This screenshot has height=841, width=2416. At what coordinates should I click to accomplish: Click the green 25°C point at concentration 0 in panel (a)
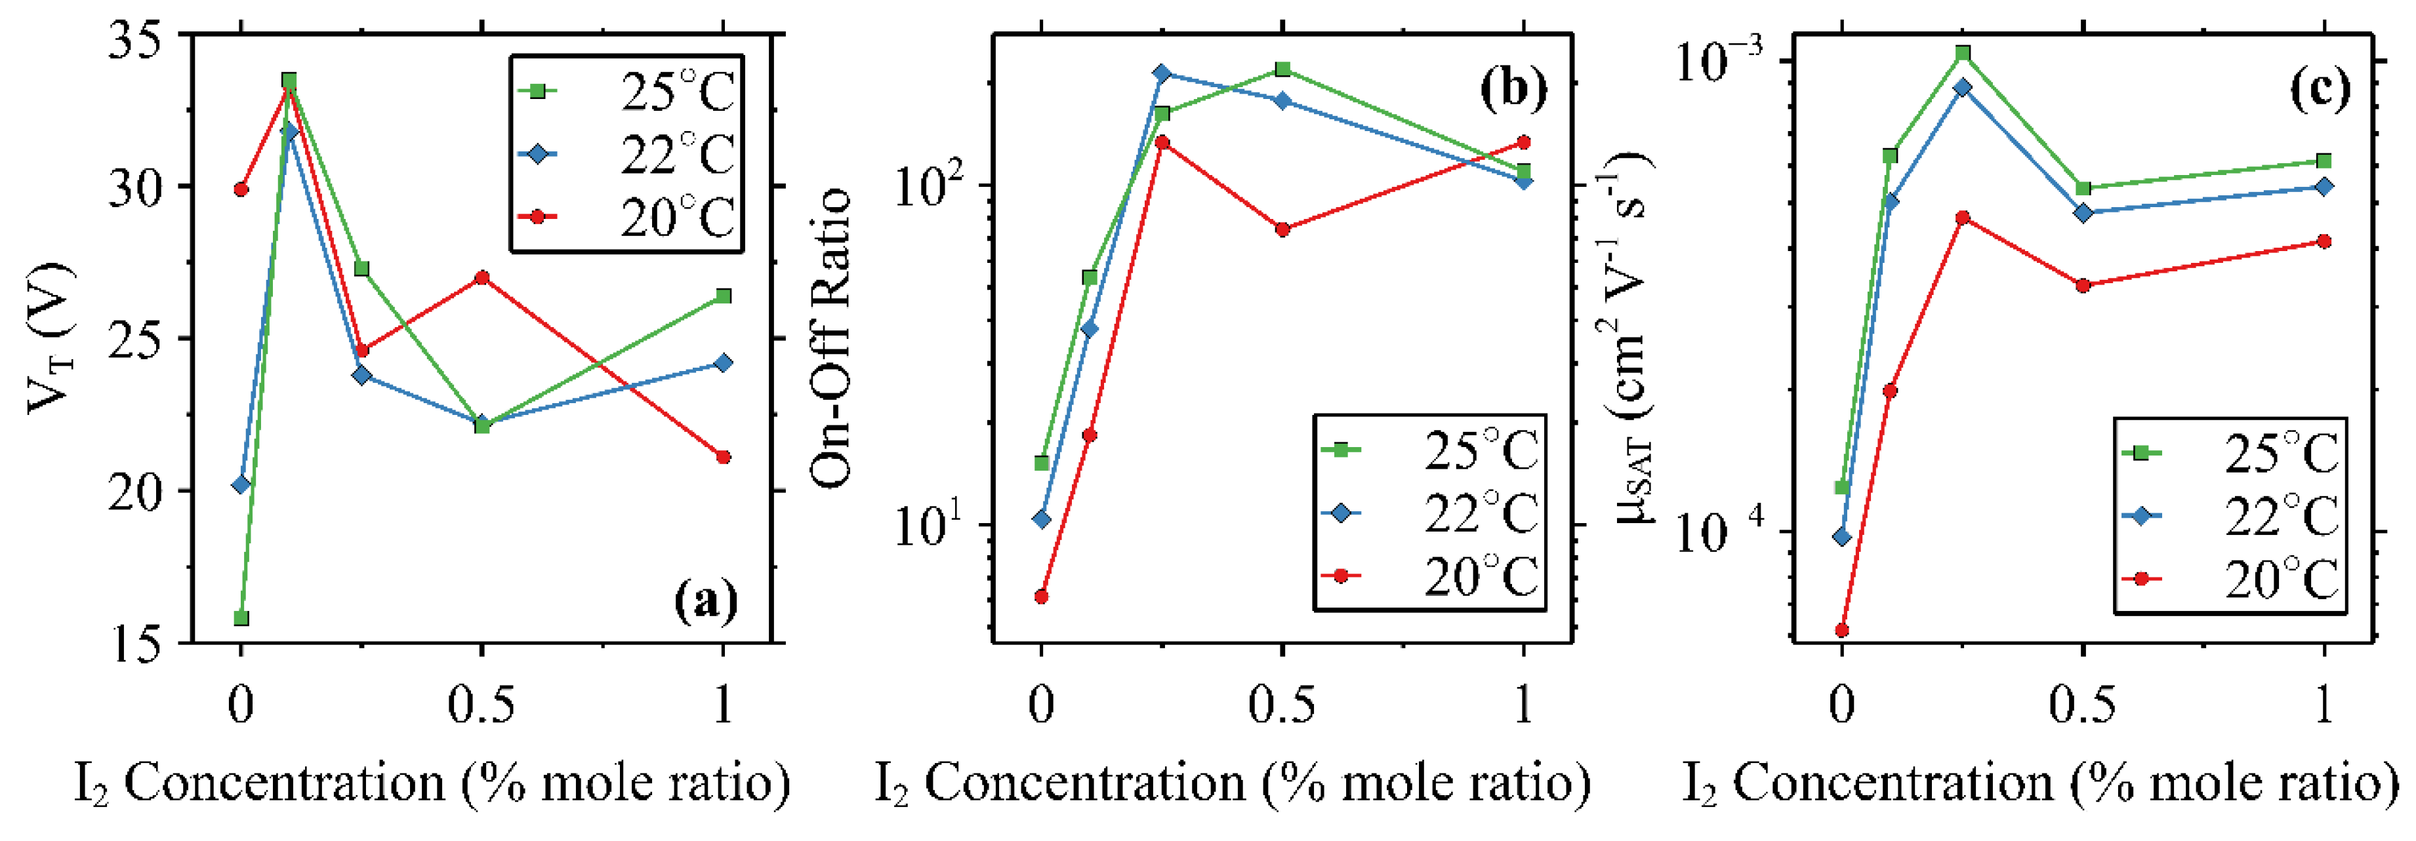click(241, 618)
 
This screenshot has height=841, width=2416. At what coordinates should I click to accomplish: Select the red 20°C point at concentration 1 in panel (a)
click(723, 457)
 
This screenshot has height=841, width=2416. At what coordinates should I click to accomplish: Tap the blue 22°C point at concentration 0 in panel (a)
click(241, 484)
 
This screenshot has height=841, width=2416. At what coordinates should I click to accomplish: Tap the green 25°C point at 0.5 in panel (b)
click(1282, 69)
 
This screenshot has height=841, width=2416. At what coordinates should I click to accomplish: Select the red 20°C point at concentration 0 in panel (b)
click(1041, 597)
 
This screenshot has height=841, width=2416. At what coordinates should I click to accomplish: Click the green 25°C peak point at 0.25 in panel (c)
click(1963, 52)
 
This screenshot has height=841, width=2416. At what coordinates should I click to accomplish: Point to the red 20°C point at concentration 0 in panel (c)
click(1842, 630)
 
